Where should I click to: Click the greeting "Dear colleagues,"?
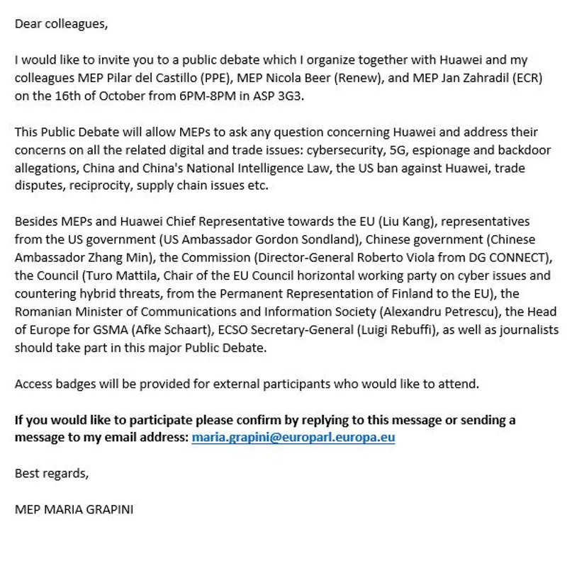click(x=61, y=24)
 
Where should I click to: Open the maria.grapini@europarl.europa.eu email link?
click(x=293, y=437)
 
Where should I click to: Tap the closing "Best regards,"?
click(x=52, y=473)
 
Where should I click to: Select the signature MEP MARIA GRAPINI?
click(x=74, y=509)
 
